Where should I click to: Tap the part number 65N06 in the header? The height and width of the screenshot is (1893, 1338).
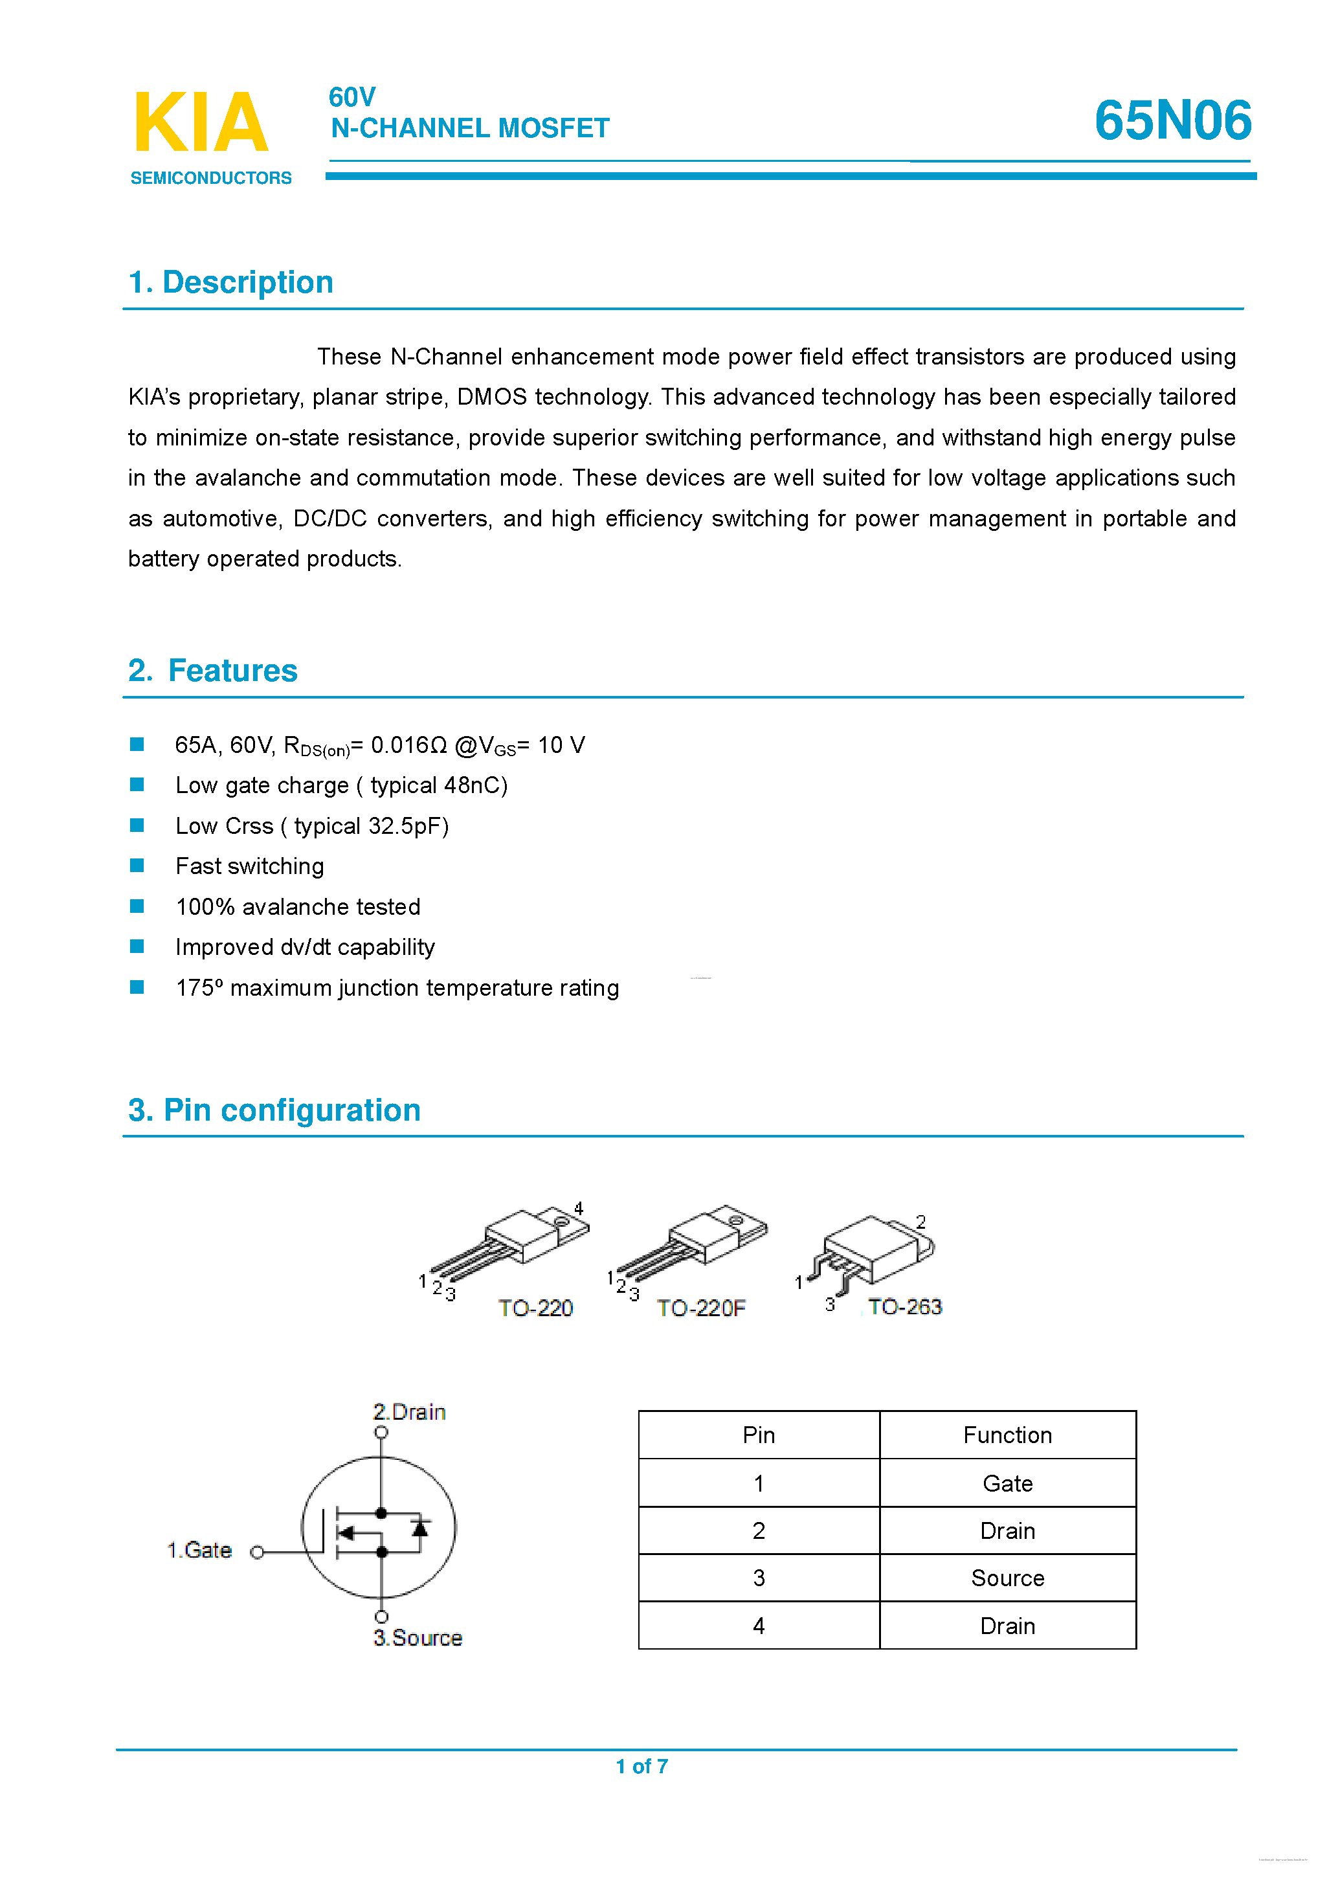pyautogui.click(x=1172, y=120)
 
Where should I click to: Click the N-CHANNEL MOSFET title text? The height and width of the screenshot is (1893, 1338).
pyautogui.click(x=470, y=129)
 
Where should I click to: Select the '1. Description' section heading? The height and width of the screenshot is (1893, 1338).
pyautogui.click(x=231, y=282)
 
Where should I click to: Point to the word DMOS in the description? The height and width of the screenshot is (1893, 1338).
pyautogui.click(x=491, y=397)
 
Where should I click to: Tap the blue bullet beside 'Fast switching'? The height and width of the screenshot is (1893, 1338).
pyautogui.click(x=137, y=866)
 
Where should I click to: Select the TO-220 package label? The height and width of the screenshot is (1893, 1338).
pyautogui.click(x=535, y=1308)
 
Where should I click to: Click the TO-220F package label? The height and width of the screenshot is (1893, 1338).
pyautogui.click(x=701, y=1308)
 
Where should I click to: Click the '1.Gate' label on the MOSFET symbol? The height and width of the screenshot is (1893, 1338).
pyautogui.click(x=199, y=1550)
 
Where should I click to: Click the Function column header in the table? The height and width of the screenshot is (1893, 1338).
pyautogui.click(x=1007, y=1435)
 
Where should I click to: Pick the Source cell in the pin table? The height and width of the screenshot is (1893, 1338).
pyautogui.click(x=1007, y=1578)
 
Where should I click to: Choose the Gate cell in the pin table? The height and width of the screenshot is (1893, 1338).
pyautogui.click(x=1007, y=1483)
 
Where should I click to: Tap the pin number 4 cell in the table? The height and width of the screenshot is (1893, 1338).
pyautogui.click(x=759, y=1626)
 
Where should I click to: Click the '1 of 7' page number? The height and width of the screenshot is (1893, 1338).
pyautogui.click(x=641, y=1766)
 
